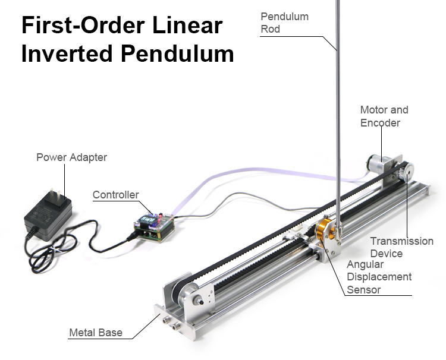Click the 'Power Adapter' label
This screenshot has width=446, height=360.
click(71, 157)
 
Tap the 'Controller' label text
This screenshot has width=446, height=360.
click(115, 195)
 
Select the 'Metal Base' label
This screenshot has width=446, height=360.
click(95, 333)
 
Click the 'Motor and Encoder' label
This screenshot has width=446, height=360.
click(384, 116)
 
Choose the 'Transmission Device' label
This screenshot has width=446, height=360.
click(401, 247)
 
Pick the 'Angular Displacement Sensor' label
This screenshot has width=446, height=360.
click(379, 277)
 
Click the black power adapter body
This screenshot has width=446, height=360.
click(48, 214)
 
